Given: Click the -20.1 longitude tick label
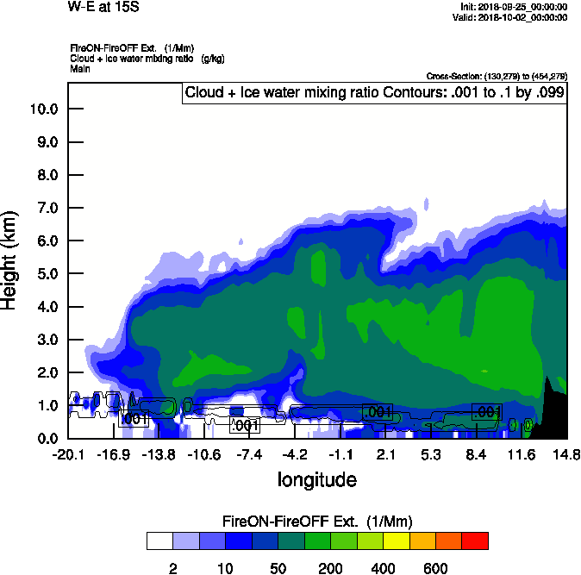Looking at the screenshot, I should (x=67, y=453).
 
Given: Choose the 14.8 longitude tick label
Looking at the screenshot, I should (x=566, y=453).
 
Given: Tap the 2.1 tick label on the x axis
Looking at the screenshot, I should (x=385, y=453).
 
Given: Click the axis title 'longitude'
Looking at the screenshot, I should (x=316, y=478).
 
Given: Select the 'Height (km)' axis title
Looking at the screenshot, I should (x=11, y=259).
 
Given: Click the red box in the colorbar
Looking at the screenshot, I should (x=475, y=541).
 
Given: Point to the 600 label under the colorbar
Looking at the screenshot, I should (x=435, y=568).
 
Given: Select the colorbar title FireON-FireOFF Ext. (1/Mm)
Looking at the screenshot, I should (x=317, y=522).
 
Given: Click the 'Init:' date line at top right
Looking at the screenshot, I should (x=515, y=7).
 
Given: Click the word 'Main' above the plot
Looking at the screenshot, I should (x=80, y=68).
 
